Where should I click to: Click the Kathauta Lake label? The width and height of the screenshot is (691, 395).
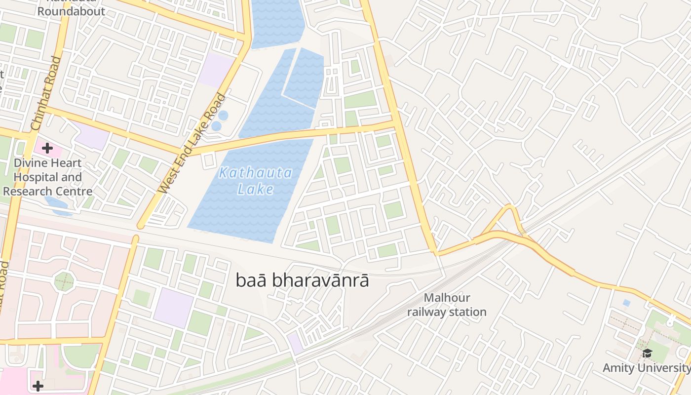click(x=256, y=181)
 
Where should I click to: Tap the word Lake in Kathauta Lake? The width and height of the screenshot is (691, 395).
click(x=256, y=189)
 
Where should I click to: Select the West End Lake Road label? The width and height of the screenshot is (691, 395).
click(x=193, y=144)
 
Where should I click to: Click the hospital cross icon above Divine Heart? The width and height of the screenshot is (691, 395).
click(x=47, y=148)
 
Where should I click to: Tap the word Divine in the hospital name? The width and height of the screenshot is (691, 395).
click(x=31, y=163)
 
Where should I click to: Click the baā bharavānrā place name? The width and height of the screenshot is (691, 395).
click(x=302, y=280)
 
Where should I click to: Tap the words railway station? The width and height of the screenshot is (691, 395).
click(x=447, y=312)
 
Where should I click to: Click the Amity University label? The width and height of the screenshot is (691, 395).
click(x=646, y=368)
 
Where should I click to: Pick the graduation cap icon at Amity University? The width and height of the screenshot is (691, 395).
click(x=647, y=353)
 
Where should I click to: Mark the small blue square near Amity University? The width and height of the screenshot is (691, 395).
click(x=626, y=303)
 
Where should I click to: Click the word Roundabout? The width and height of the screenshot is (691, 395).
click(x=72, y=11)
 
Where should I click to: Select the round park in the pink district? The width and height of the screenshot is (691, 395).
click(x=64, y=282)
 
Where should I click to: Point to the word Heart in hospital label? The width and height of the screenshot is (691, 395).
click(x=68, y=163)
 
